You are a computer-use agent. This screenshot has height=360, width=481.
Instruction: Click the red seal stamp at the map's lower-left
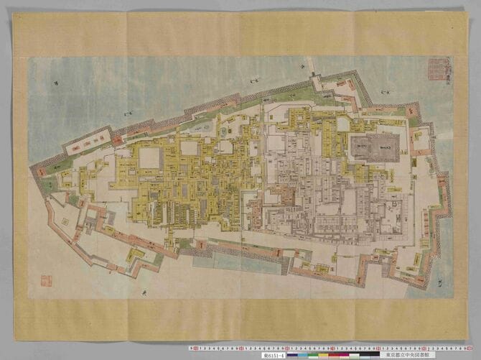point(46,280)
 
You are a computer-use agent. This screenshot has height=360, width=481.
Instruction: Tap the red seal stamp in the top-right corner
point(436,70)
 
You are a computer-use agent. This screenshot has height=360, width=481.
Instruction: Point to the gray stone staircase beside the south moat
point(286,265)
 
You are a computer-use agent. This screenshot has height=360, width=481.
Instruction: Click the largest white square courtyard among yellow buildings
point(150,158)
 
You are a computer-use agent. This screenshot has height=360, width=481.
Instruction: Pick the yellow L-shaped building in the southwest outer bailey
point(134,255)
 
